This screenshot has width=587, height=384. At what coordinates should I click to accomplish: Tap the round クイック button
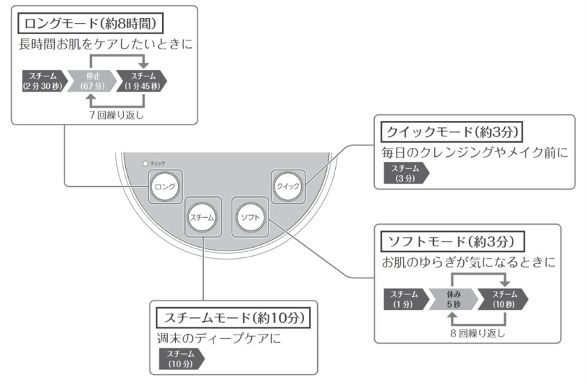click(287, 186)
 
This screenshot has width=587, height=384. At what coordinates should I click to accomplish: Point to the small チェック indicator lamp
click(145, 163)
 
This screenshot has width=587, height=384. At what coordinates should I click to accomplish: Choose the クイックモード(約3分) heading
click(452, 131)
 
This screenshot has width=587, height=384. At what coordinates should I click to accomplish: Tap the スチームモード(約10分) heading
click(233, 317)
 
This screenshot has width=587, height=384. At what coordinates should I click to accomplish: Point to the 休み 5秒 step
click(454, 299)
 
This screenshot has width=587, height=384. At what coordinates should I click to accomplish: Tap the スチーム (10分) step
click(180, 358)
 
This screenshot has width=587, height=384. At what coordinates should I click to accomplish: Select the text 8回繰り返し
click(478, 332)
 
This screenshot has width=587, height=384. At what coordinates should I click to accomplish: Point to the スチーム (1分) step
click(404, 299)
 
